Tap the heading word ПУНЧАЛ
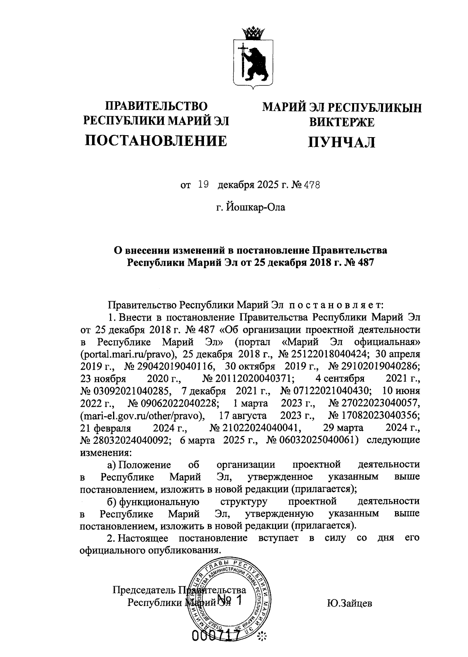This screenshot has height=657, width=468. [342, 142]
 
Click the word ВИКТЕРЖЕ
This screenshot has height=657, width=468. [342, 122]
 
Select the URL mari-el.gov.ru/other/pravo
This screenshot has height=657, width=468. [142, 415]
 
